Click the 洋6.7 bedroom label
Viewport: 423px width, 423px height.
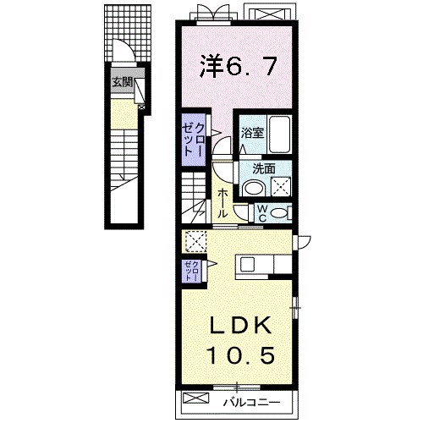coord(239,66)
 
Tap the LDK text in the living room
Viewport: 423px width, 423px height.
coord(240,326)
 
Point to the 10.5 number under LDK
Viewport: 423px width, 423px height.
coord(241,355)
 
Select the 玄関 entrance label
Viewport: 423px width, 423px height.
coord(123,82)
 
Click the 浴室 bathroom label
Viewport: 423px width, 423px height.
coord(252,133)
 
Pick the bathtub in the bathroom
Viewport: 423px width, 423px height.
coord(280,135)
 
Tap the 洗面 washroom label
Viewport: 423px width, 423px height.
coord(264,169)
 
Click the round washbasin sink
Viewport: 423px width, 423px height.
coord(254,188)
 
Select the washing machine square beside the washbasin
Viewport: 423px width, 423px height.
coord(281,186)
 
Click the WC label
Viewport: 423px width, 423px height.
coord(262,213)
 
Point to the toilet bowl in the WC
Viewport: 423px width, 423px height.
coord(277,213)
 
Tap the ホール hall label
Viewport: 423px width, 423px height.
coord(222,203)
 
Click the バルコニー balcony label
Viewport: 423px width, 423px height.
coord(252,403)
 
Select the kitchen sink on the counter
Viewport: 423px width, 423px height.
coord(247,264)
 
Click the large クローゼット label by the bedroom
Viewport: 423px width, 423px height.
coord(192,140)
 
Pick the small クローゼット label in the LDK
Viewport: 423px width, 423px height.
coord(192,271)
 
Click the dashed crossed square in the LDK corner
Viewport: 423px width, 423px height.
coord(196,242)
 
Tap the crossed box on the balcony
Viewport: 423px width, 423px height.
coord(195,398)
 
